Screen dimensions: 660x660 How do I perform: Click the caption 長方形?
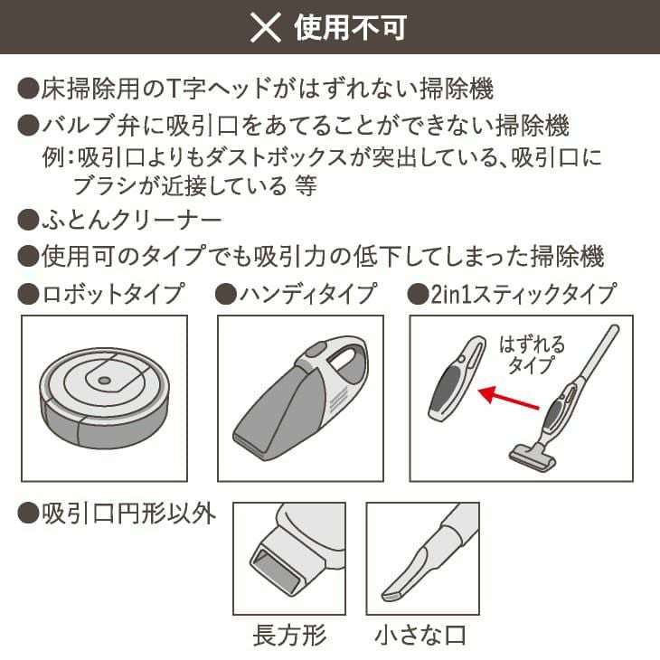point(289,635)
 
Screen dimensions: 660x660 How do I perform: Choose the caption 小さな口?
point(421,635)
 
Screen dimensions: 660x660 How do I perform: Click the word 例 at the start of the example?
point(52,158)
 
